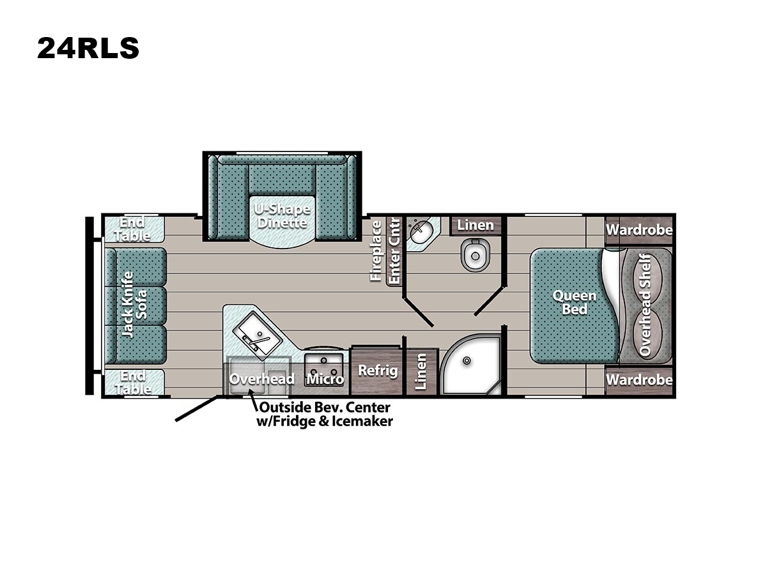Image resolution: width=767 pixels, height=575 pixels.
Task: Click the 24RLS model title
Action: coord(88,48)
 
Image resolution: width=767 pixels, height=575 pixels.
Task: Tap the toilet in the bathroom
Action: coord(475,255)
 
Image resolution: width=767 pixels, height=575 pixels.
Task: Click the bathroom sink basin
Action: coord(421,233)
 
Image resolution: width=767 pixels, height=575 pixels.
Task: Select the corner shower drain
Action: coord(467,360)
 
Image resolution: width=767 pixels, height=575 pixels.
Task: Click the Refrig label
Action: coord(378,370)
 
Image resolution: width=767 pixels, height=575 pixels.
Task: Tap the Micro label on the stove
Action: coord(325,379)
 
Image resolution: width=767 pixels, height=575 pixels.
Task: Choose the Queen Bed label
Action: coord(574,302)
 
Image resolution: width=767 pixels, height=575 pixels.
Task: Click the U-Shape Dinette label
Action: coord(282,216)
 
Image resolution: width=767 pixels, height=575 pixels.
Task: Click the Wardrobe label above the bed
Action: coord(639,230)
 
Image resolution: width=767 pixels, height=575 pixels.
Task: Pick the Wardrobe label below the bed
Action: coord(639,379)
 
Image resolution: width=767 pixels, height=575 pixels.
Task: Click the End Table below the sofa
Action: coord(134,382)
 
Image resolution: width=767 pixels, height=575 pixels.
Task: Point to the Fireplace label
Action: coord(376,250)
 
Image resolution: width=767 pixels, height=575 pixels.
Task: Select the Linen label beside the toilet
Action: coord(476,225)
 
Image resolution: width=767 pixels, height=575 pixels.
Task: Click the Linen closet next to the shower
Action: coord(421,371)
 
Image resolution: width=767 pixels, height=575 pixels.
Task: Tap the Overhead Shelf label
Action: coord(645,305)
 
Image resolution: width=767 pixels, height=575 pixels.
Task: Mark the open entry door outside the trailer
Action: coord(196,408)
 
